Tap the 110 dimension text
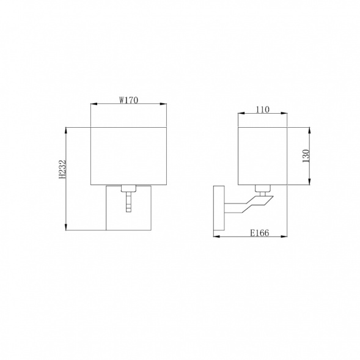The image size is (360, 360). (262, 109)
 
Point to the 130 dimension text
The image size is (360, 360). (306, 156)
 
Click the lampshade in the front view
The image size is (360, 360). (128, 155)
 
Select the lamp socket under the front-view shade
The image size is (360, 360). (128, 188)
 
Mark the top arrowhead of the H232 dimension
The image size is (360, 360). (66, 130)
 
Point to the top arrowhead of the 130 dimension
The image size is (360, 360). (310, 130)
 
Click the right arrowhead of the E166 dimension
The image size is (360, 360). (284, 237)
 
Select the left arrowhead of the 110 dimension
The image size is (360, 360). (240, 114)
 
